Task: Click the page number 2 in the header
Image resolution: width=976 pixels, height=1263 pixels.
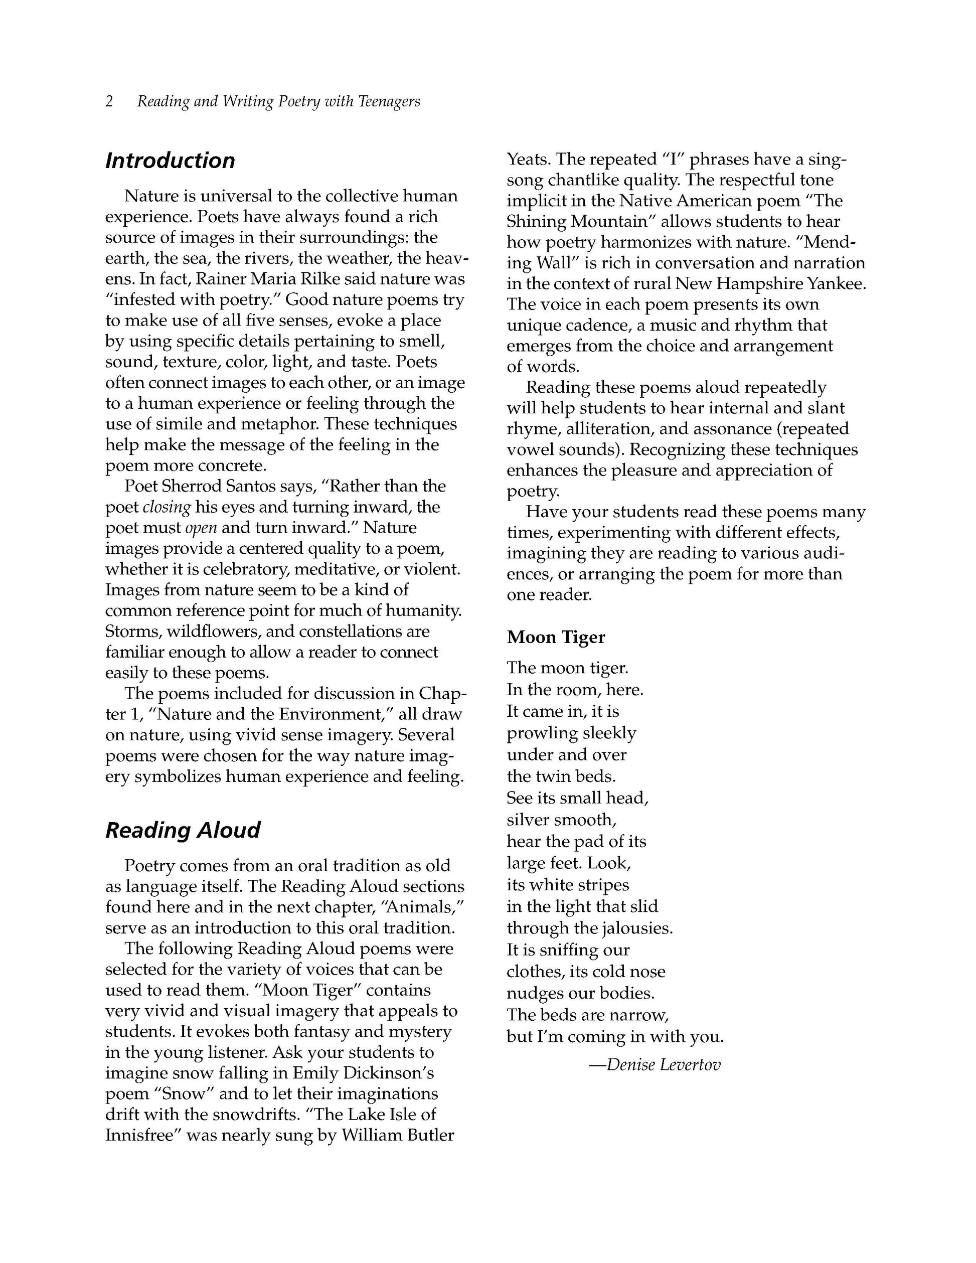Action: pos(109,102)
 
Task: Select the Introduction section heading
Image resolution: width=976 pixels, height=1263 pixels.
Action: pos(170,161)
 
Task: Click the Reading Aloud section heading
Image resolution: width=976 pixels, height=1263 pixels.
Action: pos(183,830)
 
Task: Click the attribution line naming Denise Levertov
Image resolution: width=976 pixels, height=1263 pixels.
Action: pos(655,1065)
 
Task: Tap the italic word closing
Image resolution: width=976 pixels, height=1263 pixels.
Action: pos(167,507)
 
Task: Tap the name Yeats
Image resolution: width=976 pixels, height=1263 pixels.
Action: pos(529,159)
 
